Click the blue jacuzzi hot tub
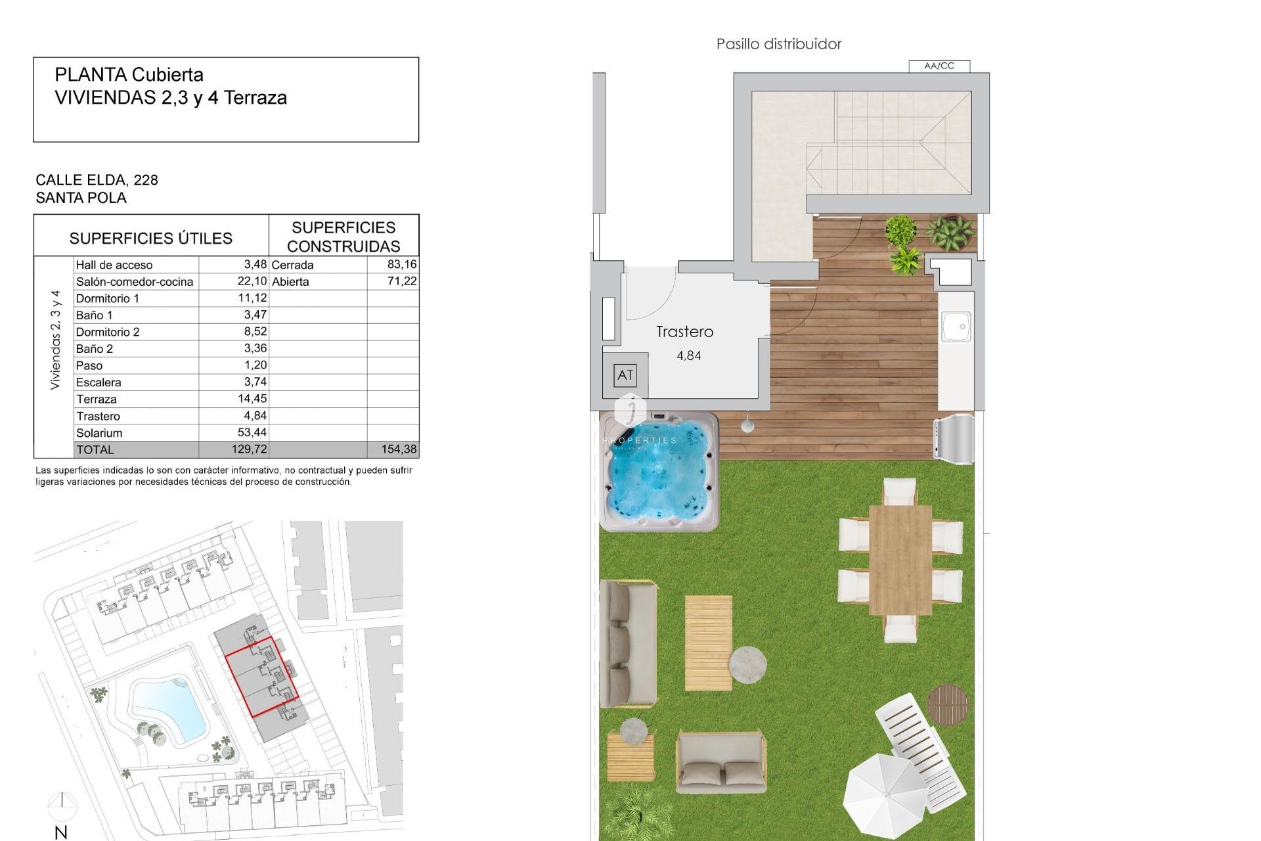point(660,472)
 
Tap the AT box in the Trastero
point(625,375)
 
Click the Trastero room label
point(684,332)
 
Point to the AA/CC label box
point(939,66)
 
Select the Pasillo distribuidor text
point(778,44)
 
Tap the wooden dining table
point(900,559)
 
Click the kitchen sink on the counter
point(956,327)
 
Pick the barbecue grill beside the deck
point(954,436)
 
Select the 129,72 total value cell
point(249,449)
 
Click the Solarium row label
point(99,433)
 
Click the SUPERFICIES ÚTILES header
point(151,238)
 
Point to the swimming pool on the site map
point(169,709)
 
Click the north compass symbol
point(62,806)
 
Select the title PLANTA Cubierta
point(129,75)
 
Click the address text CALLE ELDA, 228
point(97,180)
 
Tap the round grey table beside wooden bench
point(747,664)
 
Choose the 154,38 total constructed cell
point(399,449)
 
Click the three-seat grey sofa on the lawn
point(629,643)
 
